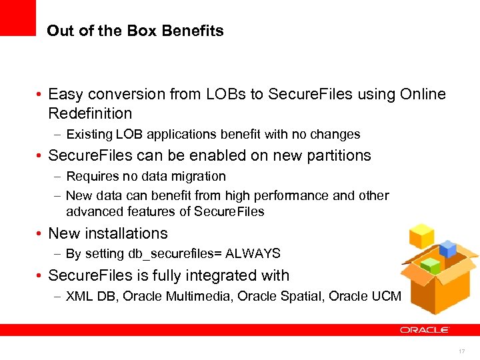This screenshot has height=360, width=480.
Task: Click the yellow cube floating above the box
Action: coord(422,235)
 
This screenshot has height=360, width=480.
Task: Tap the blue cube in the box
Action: coord(447,250)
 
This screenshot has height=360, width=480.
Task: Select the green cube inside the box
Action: coord(432,265)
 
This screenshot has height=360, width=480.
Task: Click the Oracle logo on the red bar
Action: coord(425,329)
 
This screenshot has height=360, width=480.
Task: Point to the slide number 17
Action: coord(462,351)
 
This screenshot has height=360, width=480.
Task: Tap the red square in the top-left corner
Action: coord(17,17)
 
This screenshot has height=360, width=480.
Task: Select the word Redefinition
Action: coord(90,113)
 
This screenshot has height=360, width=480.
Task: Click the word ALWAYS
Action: coord(253,254)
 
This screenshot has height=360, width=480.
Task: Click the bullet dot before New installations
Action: coord(41,234)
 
